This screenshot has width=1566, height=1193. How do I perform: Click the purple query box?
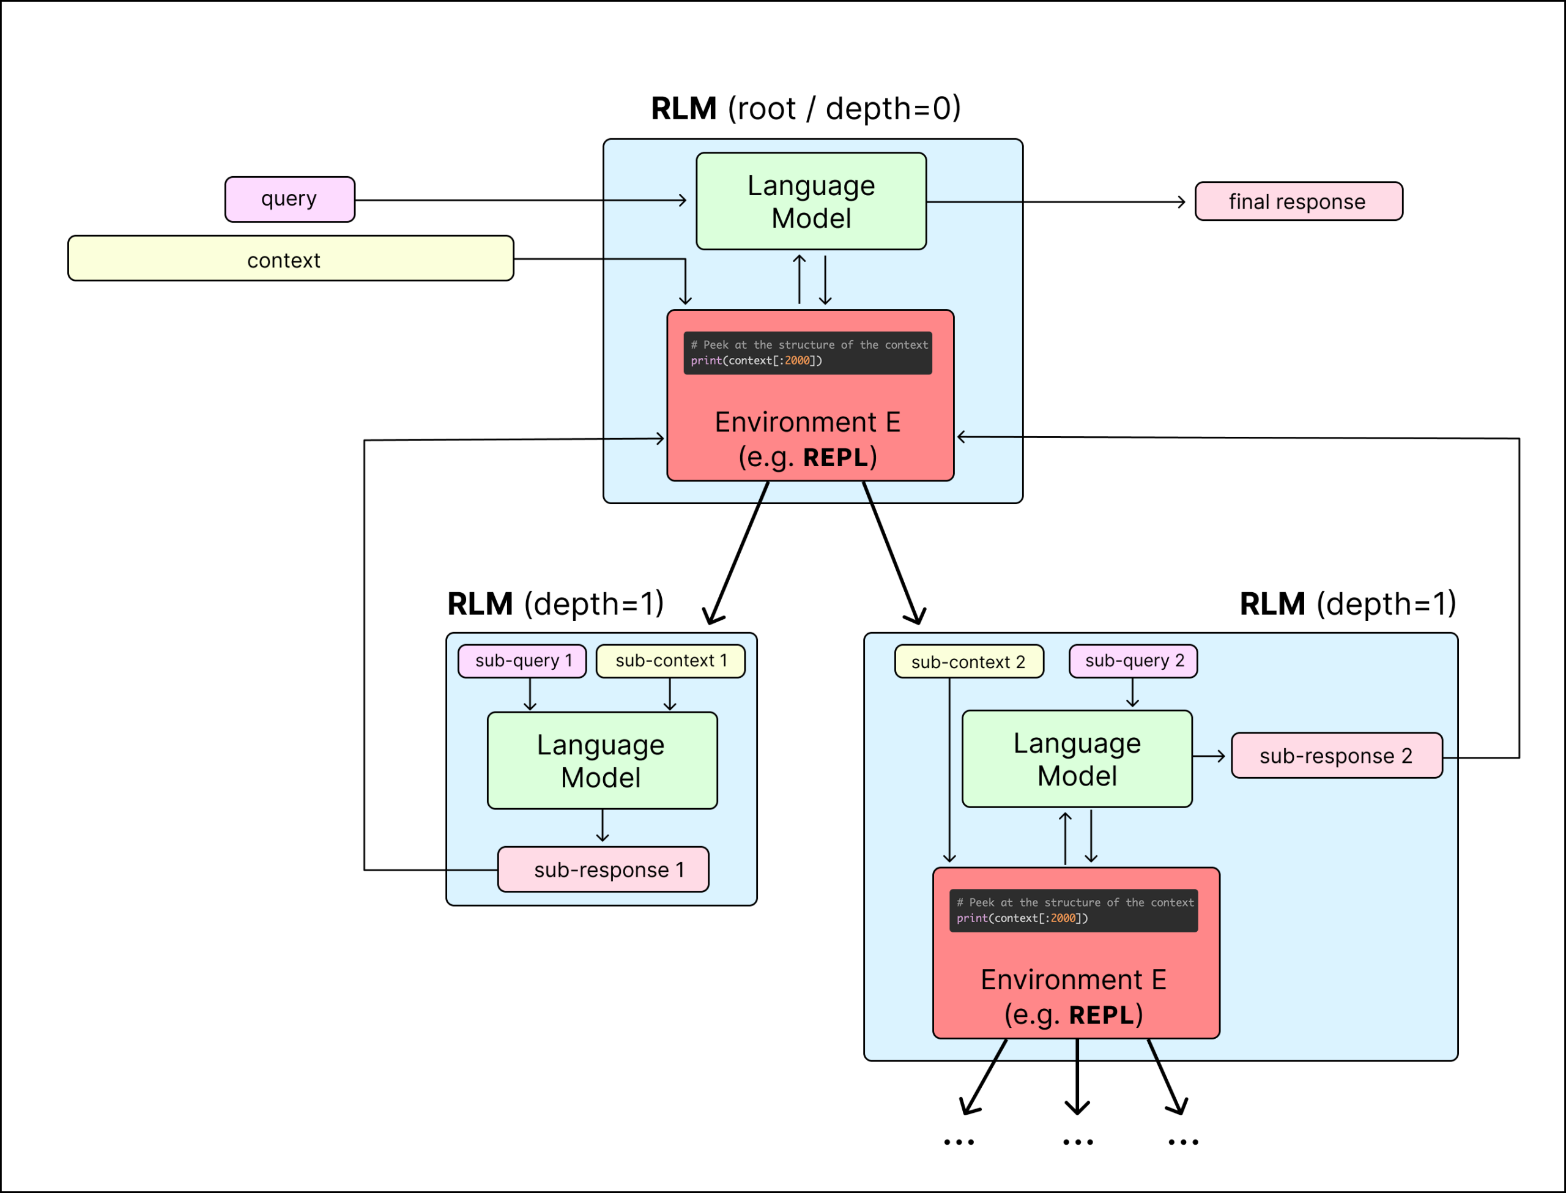[289, 199]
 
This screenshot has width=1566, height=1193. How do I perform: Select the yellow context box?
[291, 258]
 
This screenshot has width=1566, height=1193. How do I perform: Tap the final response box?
[1299, 202]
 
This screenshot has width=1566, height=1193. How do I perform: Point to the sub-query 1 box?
[522, 661]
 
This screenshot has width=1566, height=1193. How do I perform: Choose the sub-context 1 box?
[670, 661]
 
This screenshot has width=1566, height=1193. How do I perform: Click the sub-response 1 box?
[603, 869]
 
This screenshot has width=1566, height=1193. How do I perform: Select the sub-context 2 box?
[968, 662]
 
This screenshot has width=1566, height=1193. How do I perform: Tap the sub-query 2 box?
[1133, 661]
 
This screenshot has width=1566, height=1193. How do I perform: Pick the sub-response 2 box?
[1336, 756]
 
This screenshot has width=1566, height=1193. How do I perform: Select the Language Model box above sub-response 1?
[602, 760]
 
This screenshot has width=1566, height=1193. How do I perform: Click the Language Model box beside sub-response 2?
[1076, 759]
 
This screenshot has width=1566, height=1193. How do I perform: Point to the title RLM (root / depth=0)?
[806, 109]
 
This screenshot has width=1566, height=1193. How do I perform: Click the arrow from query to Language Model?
[518, 200]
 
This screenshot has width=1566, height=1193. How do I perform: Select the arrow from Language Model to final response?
[1058, 203]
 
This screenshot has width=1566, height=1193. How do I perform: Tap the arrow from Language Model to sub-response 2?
[1209, 756]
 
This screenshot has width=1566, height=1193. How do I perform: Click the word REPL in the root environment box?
[835, 458]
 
